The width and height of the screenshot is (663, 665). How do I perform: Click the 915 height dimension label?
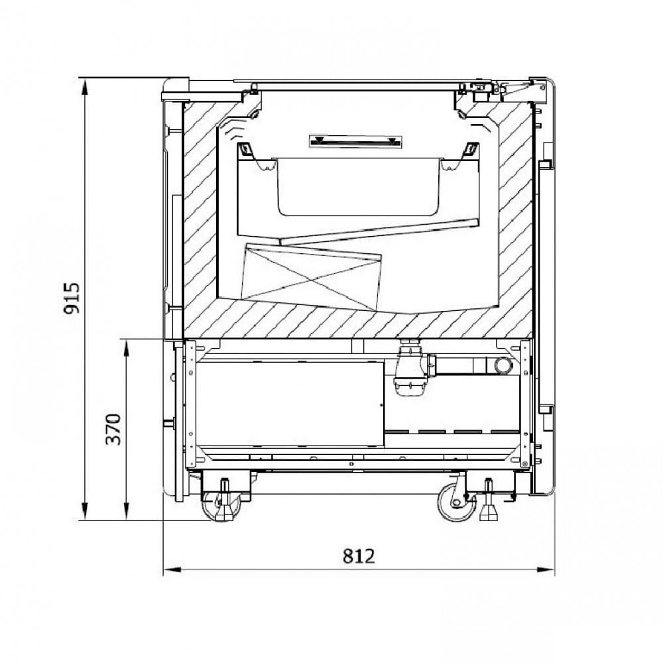(71, 298)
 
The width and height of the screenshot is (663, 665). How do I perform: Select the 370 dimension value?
(113, 429)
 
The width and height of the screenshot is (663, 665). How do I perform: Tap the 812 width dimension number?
(359, 556)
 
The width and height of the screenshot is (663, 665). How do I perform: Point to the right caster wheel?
(457, 503)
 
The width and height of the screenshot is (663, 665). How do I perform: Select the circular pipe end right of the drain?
(503, 365)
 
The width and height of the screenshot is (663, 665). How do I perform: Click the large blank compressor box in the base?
(290, 404)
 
